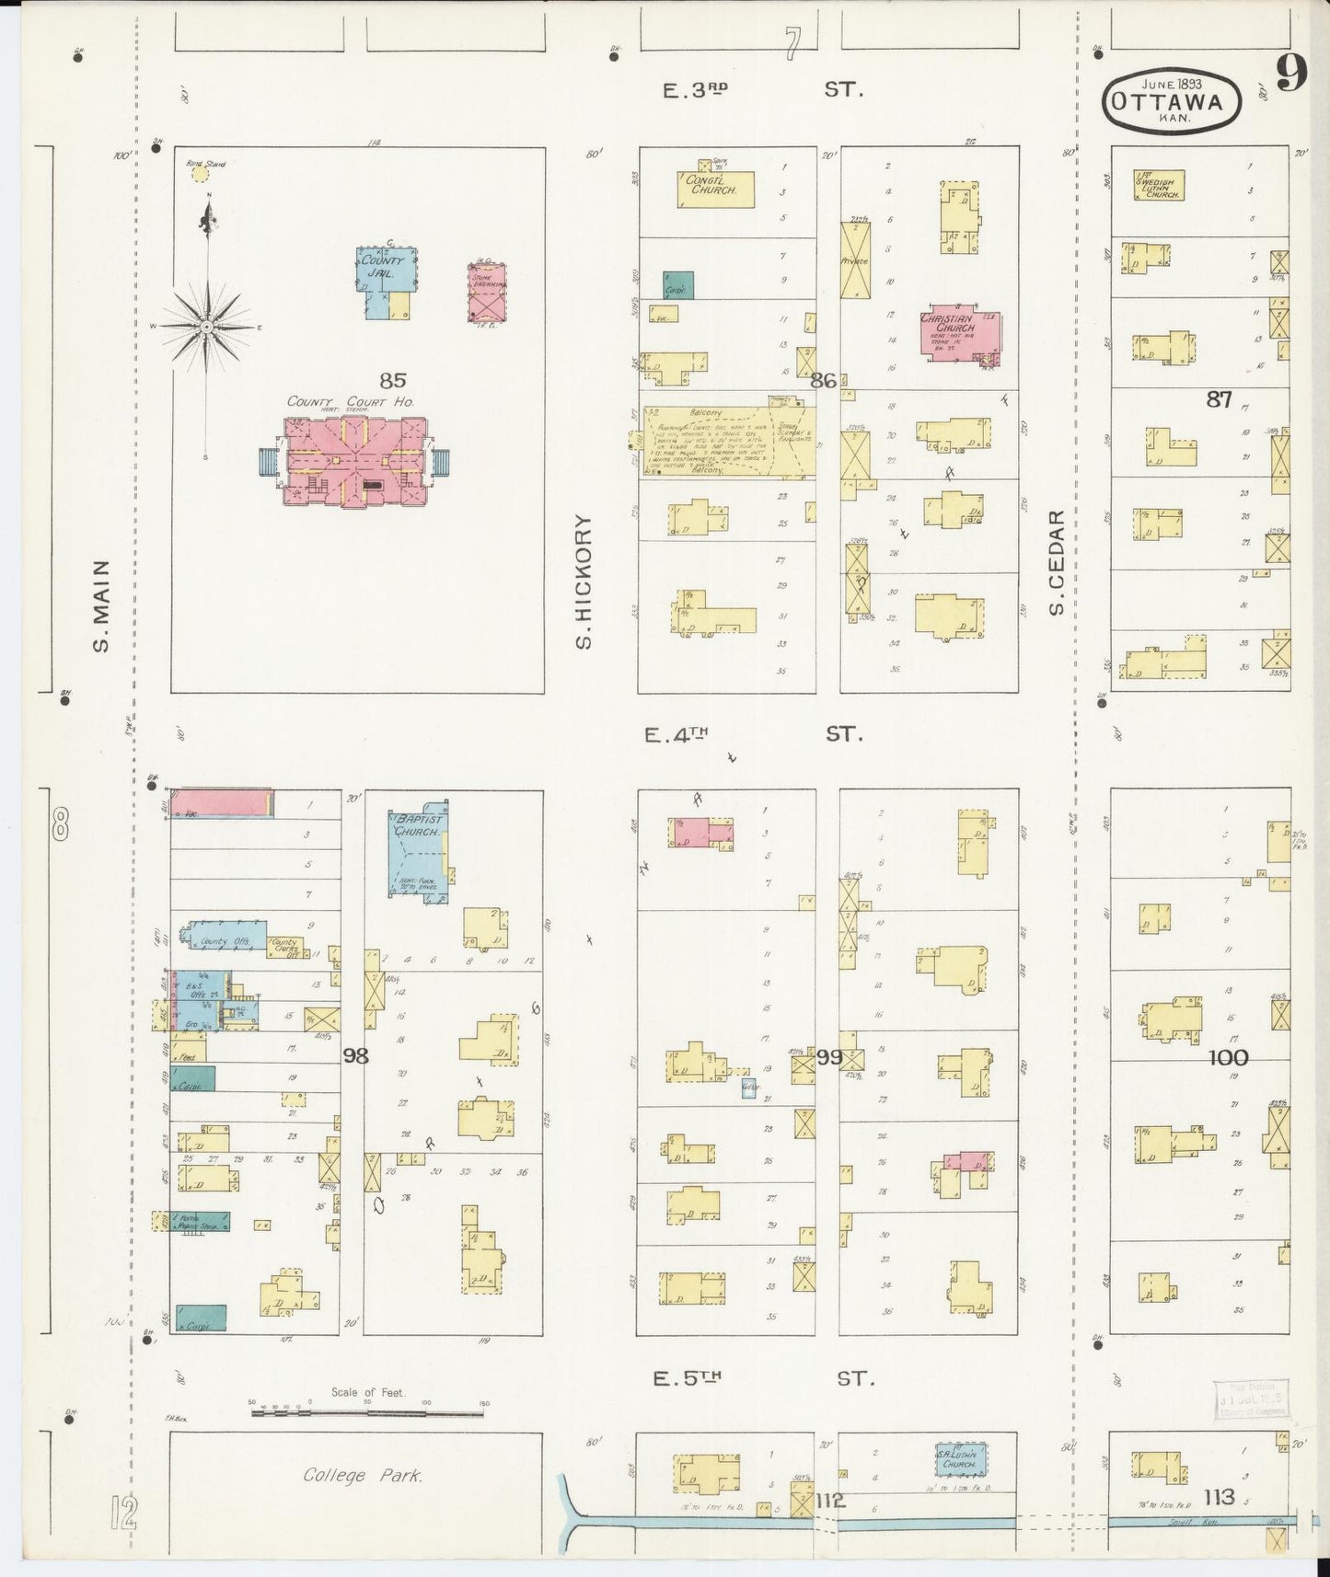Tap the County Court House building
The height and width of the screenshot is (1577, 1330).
tap(354, 461)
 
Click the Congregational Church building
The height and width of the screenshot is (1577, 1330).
tap(717, 190)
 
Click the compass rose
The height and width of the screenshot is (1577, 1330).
tap(207, 327)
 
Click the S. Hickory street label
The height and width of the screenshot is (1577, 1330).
tap(583, 581)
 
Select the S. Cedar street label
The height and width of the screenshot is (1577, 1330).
tap(1057, 562)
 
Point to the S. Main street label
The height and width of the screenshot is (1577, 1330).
tap(102, 605)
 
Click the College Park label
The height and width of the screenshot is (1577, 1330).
tap(363, 1476)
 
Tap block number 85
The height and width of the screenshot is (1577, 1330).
tap(392, 380)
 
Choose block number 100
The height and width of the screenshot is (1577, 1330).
tap(1228, 1058)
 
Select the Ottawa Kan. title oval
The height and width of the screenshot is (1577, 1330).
tap(1172, 101)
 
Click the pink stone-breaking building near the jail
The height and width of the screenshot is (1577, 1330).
tap(487, 293)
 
